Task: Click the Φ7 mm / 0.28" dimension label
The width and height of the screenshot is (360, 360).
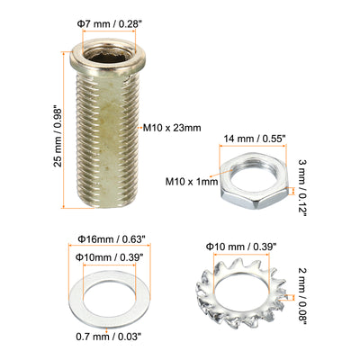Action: coord(109,24)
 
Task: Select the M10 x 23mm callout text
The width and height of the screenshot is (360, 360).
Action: coord(172,128)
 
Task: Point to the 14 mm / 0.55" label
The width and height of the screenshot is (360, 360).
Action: coord(254,139)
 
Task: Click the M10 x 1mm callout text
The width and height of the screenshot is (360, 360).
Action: coord(192,182)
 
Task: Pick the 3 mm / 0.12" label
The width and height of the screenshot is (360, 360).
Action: coord(302,187)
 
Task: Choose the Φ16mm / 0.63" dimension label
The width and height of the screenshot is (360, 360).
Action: coord(112,239)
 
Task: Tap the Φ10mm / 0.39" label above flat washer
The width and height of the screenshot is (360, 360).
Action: coord(109,257)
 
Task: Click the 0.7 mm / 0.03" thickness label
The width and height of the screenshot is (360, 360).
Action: coord(108,337)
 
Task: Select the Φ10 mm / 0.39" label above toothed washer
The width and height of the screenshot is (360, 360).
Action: coord(240,247)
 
